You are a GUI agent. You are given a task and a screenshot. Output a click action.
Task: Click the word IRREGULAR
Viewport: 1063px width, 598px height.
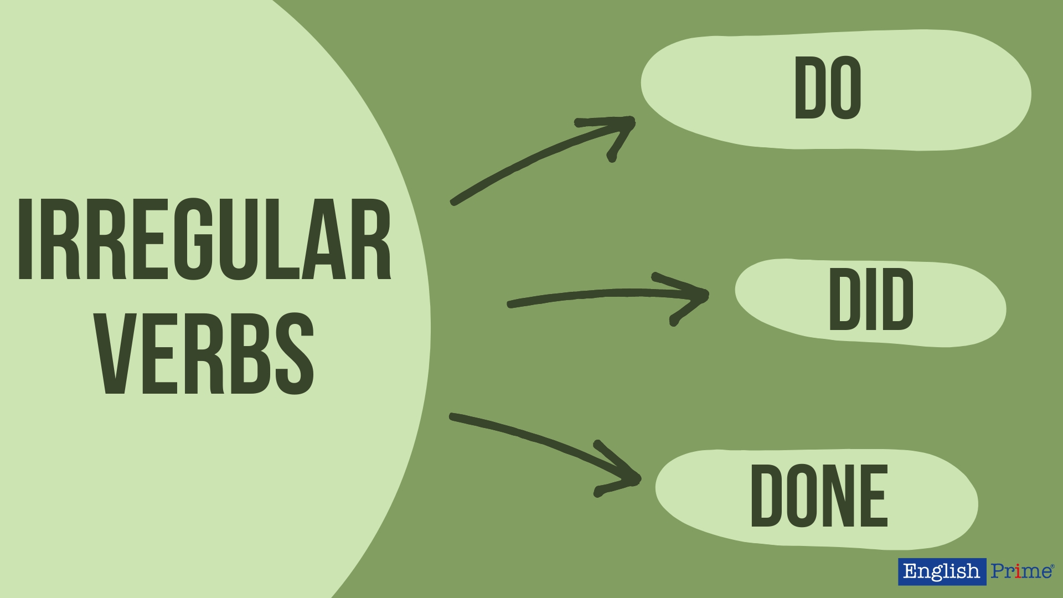pyautogui.click(x=205, y=239)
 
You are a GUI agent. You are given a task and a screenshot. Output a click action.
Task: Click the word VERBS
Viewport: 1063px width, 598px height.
pyautogui.click(x=206, y=353)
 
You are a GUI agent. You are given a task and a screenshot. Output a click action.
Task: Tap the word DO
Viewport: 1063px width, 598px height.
pyautogui.click(x=828, y=89)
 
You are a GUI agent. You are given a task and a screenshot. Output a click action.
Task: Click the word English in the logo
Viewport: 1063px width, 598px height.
pyautogui.click(x=941, y=571)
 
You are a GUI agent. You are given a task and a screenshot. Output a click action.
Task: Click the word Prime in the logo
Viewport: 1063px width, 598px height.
pyautogui.click(x=1021, y=571)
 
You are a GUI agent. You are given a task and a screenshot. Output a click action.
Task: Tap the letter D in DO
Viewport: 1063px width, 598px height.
pyautogui.click(x=809, y=89)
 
